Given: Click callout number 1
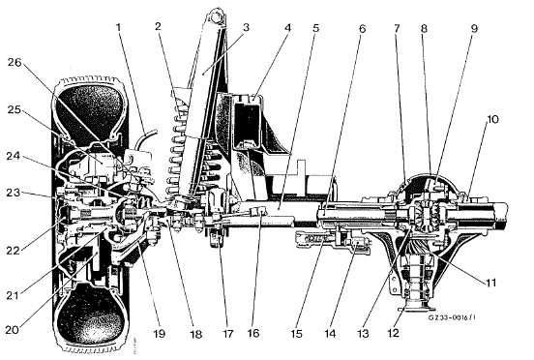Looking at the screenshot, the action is [119, 27].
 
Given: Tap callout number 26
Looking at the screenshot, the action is [15, 63].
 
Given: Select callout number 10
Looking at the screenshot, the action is [492, 120].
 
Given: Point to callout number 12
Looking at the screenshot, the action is [393, 333].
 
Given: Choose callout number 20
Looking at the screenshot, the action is [13, 330].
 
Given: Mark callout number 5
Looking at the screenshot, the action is [315, 28].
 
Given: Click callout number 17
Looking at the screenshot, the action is [227, 334].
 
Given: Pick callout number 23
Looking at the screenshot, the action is [14, 194].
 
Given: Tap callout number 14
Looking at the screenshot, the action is [329, 334].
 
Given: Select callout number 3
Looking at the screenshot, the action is [247, 27].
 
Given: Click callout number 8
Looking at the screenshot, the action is [424, 28].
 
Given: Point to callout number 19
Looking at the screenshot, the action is [159, 334].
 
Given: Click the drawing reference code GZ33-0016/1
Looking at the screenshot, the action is [452, 317].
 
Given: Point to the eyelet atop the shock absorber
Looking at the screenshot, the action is [215, 16].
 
